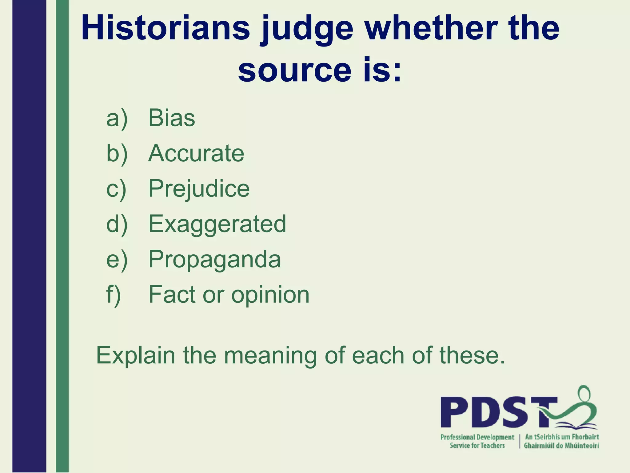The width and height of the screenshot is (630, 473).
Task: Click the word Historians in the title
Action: (165, 28)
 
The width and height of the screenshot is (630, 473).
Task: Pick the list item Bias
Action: (172, 118)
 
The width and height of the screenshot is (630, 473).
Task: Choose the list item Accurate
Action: (196, 153)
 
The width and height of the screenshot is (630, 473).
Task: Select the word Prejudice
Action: (199, 188)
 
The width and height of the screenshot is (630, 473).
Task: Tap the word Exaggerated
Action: (217, 224)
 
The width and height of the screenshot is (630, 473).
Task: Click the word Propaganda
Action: (215, 260)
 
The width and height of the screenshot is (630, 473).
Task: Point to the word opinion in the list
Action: (270, 295)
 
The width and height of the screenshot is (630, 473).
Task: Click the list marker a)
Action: (117, 119)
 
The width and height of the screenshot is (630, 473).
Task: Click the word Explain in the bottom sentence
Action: (135, 355)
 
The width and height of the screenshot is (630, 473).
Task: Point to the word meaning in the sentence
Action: (270, 356)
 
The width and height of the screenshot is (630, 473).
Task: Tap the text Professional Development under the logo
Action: (477, 437)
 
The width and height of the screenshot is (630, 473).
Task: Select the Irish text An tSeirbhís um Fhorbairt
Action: (562, 437)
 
